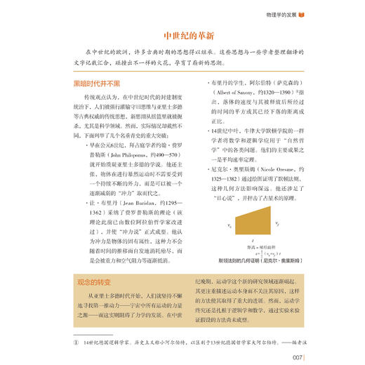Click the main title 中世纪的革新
[x=182, y=36]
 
